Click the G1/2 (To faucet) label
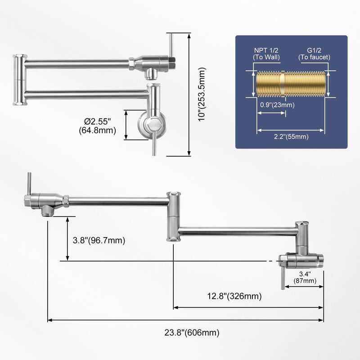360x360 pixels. click(314, 54)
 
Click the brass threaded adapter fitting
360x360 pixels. click(291, 83)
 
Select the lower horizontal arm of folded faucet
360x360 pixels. click(85, 94)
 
